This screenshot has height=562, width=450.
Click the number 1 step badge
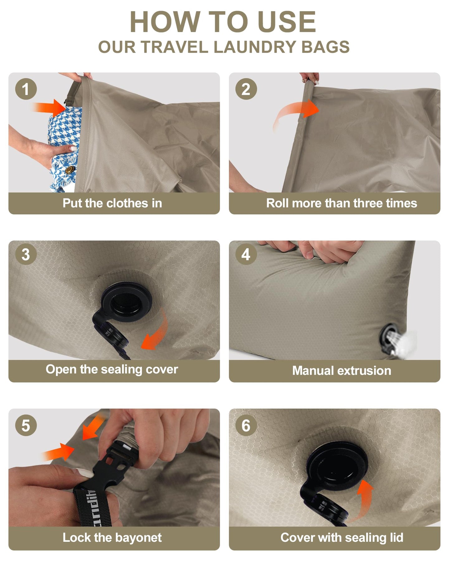[26, 89]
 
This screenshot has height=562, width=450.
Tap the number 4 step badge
[246, 254]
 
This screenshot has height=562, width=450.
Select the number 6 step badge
[246, 425]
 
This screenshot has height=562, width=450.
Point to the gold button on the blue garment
[69, 170]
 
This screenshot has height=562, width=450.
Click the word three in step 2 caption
[368, 203]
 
